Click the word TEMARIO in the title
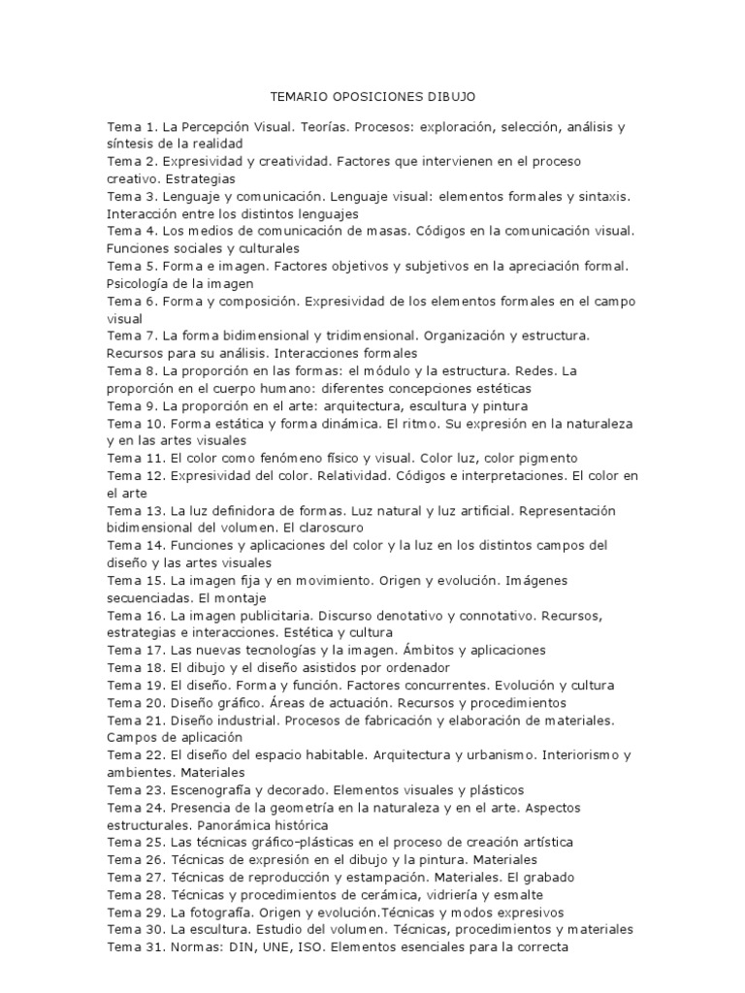pyautogui.click(x=297, y=97)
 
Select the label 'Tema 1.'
pyautogui.click(x=132, y=127)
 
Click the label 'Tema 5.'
pyautogui.click(x=132, y=266)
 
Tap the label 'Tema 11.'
pyautogui.click(x=136, y=458)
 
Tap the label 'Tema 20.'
pyautogui.click(x=136, y=702)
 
